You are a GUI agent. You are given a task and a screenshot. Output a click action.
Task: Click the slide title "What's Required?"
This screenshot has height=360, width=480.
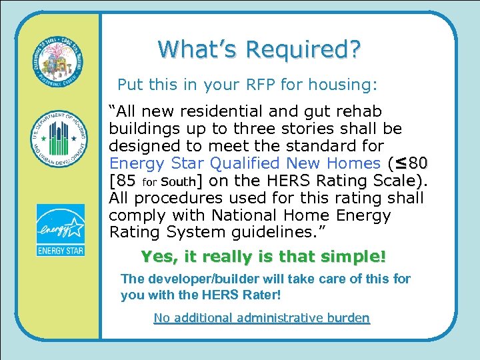(259, 49)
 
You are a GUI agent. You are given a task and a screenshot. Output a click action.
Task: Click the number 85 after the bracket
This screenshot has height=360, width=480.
(127, 181)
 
